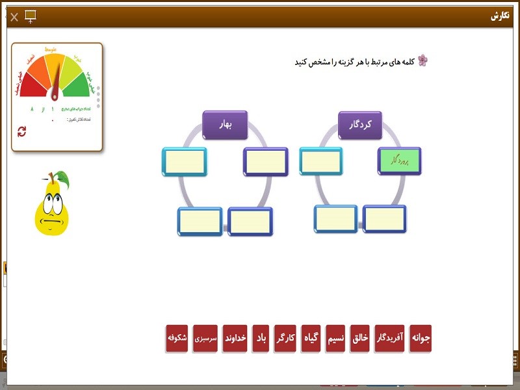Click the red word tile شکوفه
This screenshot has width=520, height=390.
coord(177,339)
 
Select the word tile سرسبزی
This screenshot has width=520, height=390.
coord(205,339)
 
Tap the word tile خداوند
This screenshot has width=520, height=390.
coord(235,339)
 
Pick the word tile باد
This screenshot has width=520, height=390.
coord(261,339)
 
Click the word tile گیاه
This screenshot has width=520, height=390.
coord(311,339)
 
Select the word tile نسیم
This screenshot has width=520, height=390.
coord(335,339)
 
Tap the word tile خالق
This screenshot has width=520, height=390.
coord(361,339)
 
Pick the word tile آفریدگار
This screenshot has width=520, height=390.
coord(390,339)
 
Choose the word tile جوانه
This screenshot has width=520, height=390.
coord(420,339)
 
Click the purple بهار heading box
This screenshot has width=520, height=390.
coord(225,124)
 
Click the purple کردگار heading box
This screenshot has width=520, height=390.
coord(359,124)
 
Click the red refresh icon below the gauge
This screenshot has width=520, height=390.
coord(22,132)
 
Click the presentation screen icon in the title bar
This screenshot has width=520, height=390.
coord(31,16)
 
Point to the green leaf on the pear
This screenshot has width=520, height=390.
coord(62,177)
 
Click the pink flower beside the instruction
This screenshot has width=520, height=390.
coord(423,61)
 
